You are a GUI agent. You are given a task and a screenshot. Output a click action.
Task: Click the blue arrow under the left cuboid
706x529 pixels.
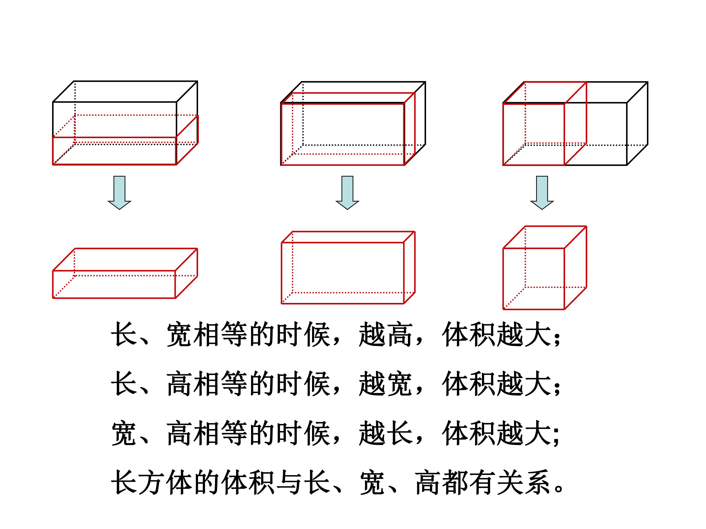(119, 192)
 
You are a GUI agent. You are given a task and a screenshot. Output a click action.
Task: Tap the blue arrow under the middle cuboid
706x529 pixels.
(347, 192)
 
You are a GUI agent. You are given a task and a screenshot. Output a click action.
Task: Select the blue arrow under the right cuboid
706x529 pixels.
(542, 192)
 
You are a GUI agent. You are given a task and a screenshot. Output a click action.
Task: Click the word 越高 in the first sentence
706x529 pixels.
(385, 335)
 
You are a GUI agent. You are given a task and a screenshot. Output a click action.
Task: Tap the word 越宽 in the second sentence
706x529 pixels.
(385, 384)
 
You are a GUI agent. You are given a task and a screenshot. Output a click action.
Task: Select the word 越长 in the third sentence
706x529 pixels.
(385, 433)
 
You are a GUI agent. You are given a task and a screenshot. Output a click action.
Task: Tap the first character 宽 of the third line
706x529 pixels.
(125, 433)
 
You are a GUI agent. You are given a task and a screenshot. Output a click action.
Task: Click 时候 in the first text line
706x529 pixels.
(303, 335)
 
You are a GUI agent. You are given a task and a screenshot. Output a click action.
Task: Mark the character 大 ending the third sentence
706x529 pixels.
(538, 433)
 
